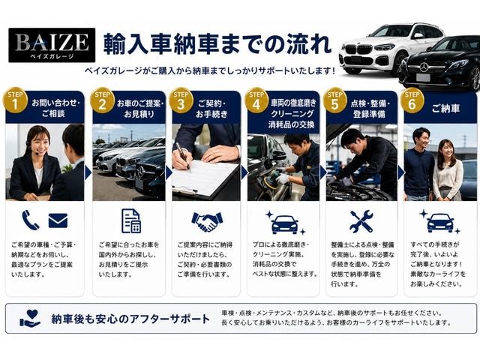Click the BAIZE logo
click(52, 45)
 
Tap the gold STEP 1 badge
click(15, 100)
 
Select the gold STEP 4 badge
click(256, 100)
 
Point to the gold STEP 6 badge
click(412, 100)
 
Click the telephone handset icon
click(30, 220)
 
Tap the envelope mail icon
click(58, 220)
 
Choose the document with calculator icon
click(131, 221)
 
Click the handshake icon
click(207, 221)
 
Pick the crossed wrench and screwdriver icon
click(361, 221)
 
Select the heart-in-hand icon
click(30, 318)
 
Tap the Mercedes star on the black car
click(424, 67)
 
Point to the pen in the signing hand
click(183, 155)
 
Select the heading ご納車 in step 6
click(445, 108)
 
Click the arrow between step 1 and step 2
click(88, 173)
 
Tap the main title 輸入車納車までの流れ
click(217, 44)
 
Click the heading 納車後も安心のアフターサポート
click(130, 319)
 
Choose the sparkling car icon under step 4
click(285, 223)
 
